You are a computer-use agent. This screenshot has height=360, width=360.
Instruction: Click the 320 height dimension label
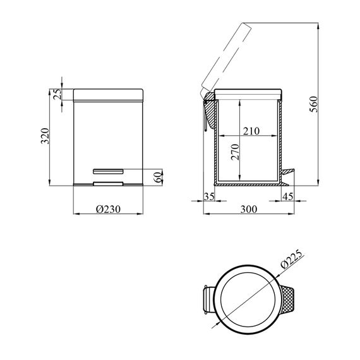[x=45, y=136]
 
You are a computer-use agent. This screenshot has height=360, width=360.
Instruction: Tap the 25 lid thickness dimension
[x=57, y=94]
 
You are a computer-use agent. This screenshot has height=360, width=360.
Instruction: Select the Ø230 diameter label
[x=108, y=209]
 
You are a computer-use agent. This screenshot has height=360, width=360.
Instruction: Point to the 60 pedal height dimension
[x=158, y=177]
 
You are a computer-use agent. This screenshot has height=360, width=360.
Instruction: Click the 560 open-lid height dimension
[x=314, y=104]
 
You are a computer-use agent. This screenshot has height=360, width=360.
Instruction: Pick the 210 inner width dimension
[x=251, y=131]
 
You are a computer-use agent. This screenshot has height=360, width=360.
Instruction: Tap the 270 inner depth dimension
[x=236, y=152]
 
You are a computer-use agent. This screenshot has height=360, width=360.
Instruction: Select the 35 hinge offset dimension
[x=209, y=196]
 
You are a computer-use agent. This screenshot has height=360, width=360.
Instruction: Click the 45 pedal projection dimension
[x=288, y=196]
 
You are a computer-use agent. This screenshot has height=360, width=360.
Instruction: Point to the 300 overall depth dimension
[x=249, y=209]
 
